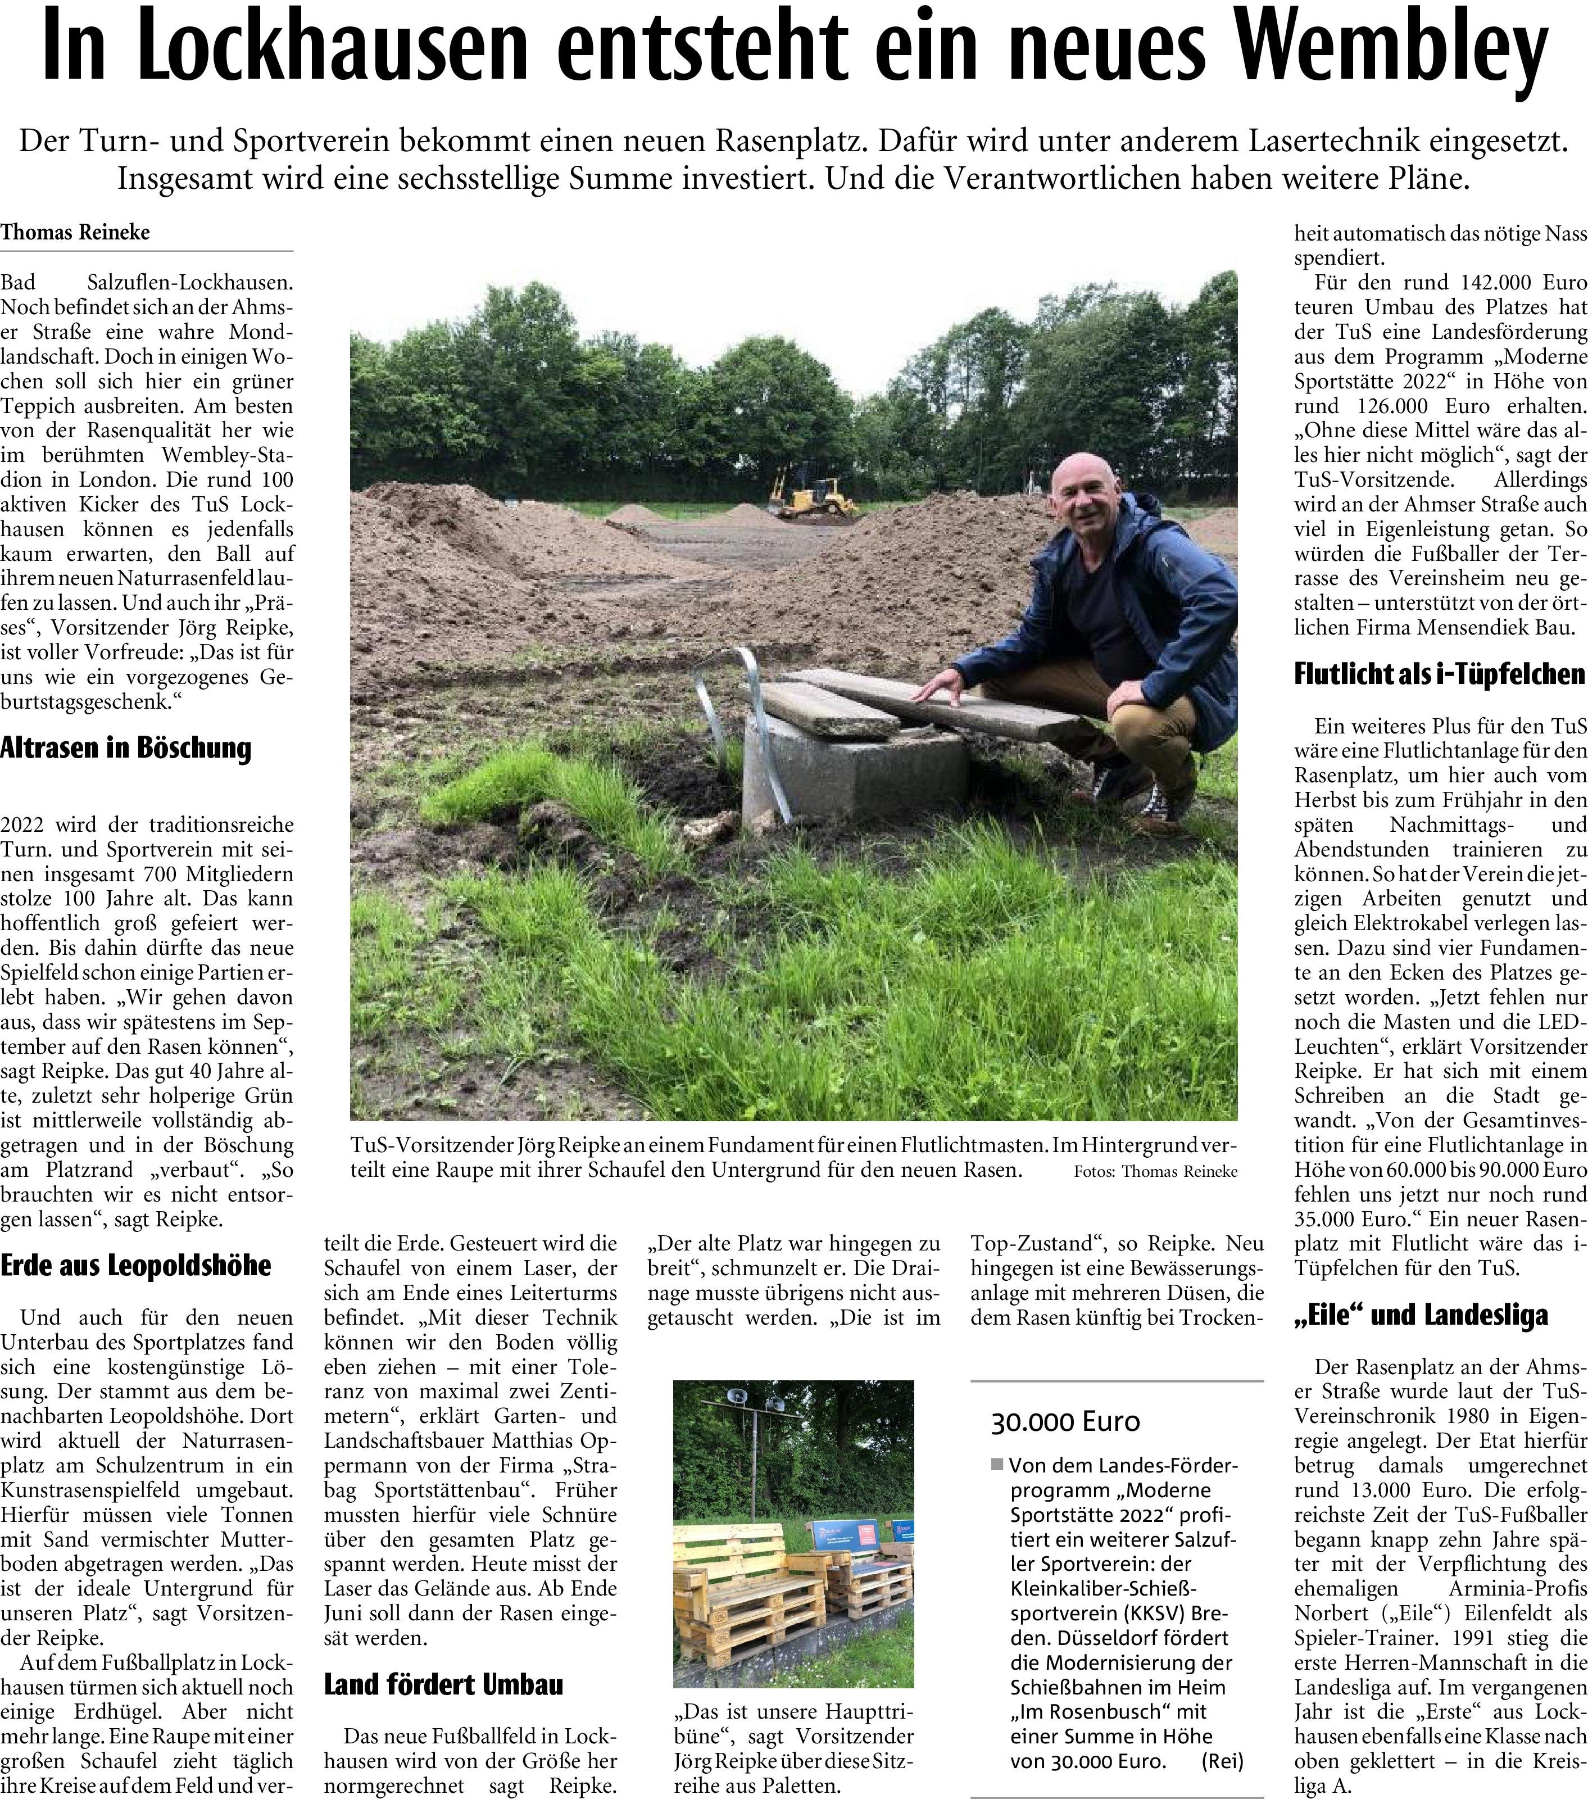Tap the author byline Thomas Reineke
(76, 232)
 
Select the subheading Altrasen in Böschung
(126, 748)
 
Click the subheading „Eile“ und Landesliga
(1421, 1315)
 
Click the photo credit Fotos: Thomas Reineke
(1155, 1171)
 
